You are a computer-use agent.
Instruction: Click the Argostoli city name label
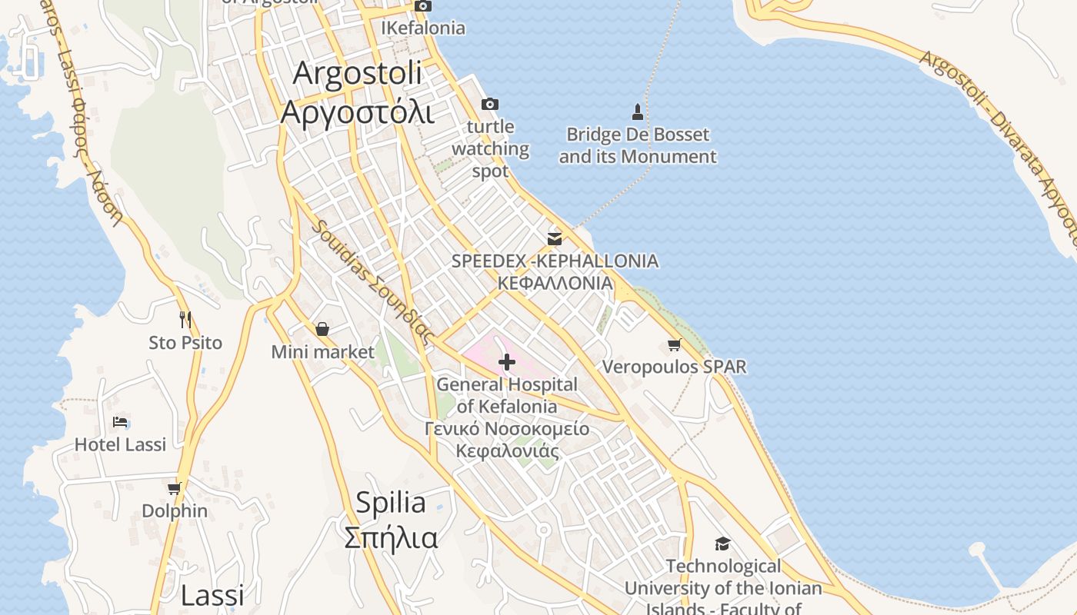coord(356,93)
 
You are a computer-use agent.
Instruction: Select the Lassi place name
coord(212,595)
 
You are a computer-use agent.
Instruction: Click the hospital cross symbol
coord(506,361)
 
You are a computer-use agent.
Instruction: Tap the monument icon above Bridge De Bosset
coord(637,112)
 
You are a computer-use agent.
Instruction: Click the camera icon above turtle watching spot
coord(489,104)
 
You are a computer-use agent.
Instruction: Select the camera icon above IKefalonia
coord(422,6)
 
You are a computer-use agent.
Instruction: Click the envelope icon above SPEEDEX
coord(555,238)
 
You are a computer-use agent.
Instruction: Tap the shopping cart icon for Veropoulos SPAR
coord(675,345)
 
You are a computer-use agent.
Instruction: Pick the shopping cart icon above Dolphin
coord(175,488)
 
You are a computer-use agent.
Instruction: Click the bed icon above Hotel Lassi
coord(120,422)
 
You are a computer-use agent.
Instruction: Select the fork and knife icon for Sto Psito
coord(185,320)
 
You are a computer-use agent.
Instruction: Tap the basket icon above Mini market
coord(322,329)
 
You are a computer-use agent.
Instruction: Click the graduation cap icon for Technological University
coord(722,544)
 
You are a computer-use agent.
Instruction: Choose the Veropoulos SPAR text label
coord(674,367)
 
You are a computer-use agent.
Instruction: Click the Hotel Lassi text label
coord(120,444)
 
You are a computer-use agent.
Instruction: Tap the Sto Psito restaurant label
coord(185,343)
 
